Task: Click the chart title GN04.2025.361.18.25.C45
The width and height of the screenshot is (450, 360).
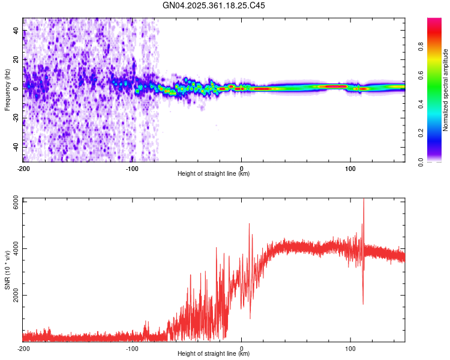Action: coord(214,5)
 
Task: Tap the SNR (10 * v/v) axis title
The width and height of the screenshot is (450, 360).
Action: coord(8,269)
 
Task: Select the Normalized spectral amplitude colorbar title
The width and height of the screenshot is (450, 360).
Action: coord(445,90)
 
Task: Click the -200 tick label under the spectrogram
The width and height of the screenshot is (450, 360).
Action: coord(23,169)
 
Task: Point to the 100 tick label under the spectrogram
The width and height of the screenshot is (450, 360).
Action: coord(350,169)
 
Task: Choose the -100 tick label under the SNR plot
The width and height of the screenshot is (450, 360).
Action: coord(132,348)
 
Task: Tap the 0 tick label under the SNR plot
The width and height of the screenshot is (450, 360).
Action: coord(241,348)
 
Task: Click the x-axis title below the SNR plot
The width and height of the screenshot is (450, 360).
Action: coord(214,353)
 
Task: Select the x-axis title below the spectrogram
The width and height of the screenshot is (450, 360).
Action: coord(214,174)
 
